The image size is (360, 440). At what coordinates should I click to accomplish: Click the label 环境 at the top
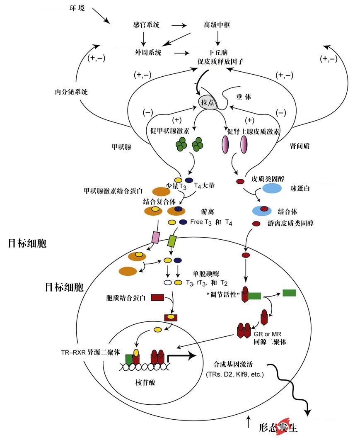tap(77, 8)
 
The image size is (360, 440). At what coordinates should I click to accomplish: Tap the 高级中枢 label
tap(217, 25)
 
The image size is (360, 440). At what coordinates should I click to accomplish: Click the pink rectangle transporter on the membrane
tap(155, 237)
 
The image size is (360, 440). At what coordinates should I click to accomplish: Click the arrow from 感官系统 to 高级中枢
tap(179, 25)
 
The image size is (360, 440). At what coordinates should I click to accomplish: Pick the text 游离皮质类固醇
tap(290, 224)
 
